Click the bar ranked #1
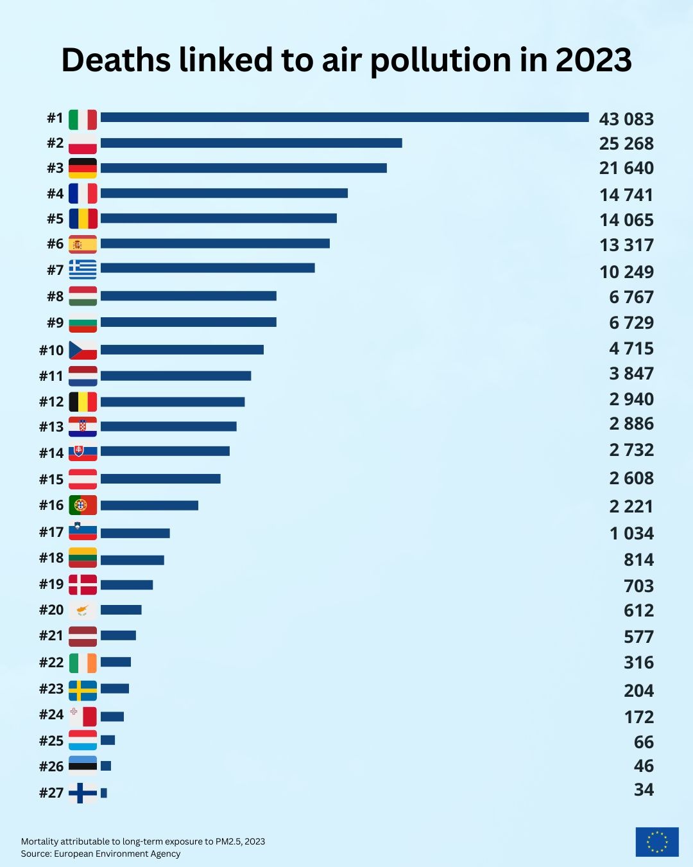345,118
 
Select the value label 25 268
626,143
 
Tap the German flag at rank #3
83,168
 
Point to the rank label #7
55,270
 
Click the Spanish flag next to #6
83,244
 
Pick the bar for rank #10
182,349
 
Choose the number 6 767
631,297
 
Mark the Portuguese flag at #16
83,505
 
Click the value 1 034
631,534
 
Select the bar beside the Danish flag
127,585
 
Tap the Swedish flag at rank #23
83,690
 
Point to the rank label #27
51,793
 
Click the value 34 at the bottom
644,790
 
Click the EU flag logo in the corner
657,841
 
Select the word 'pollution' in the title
443,61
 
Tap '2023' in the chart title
594,60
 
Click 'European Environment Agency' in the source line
117,854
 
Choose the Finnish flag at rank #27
83,793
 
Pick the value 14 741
626,195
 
